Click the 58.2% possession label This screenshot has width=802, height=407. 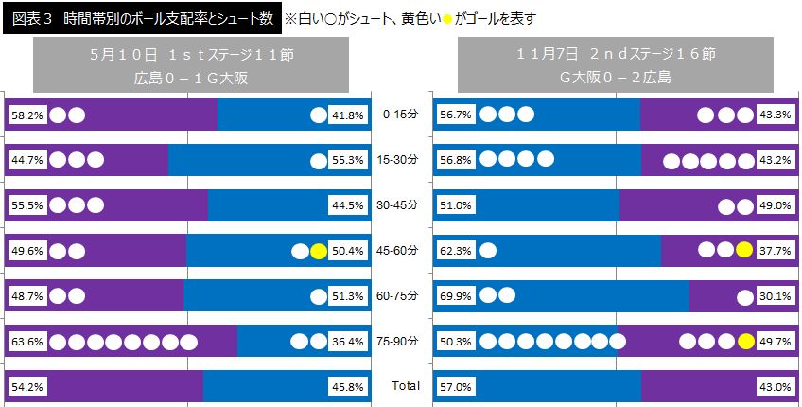[x=26, y=115]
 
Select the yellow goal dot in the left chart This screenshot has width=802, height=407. [x=319, y=251]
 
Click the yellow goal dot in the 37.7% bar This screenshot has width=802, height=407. [x=745, y=251]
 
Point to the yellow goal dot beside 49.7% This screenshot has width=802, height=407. [x=745, y=341]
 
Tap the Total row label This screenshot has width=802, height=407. [x=406, y=386]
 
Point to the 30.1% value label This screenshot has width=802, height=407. [x=775, y=296]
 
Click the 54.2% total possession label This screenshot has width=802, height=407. [x=26, y=386]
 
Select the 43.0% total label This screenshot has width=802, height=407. [x=775, y=386]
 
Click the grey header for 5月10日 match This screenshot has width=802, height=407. [x=191, y=66]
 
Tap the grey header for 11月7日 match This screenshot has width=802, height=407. [x=615, y=66]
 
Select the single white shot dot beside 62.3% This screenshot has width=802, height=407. [x=489, y=251]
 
